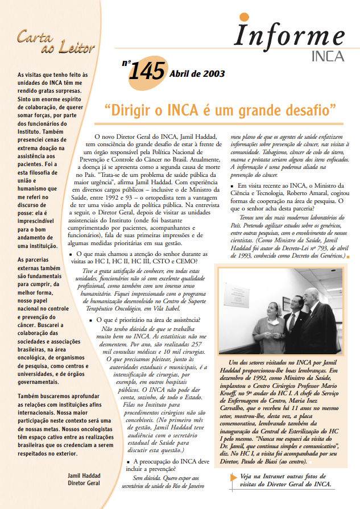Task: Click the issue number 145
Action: (147, 72)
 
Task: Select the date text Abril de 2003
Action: (197, 74)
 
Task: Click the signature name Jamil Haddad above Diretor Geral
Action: (84, 475)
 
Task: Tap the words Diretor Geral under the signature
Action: (84, 483)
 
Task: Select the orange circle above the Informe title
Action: (244, 18)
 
